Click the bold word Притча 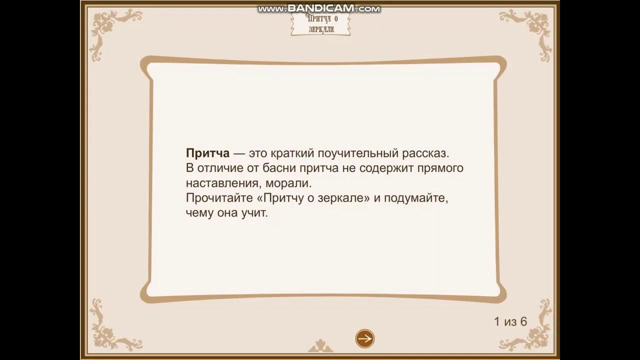[207, 153]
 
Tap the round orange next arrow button [365, 338]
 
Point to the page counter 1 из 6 [510, 321]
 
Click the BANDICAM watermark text [319, 8]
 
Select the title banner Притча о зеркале [320, 23]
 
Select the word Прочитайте [219, 198]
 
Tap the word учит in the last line [255, 213]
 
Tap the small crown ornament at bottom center [320, 346]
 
